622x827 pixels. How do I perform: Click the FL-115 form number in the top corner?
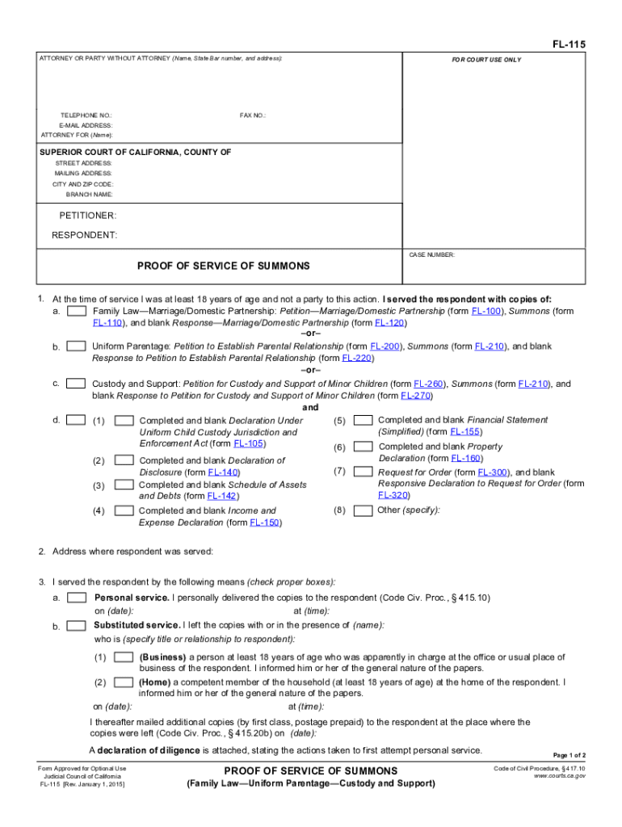[x=569, y=44]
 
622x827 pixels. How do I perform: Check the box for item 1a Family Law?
[x=77, y=311]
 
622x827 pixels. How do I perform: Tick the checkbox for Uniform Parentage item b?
[x=77, y=346]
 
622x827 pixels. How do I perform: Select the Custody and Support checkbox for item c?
[x=77, y=384]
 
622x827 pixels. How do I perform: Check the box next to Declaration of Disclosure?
[x=124, y=460]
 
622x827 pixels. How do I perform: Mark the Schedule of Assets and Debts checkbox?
[x=124, y=485]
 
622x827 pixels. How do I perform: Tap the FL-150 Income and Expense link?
[x=265, y=523]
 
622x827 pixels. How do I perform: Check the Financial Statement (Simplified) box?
[x=364, y=420]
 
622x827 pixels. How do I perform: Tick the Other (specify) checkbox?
[x=364, y=510]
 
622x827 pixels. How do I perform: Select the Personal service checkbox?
[x=77, y=598]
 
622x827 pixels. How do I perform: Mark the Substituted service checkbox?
[x=77, y=626]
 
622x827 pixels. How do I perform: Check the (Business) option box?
[x=124, y=657]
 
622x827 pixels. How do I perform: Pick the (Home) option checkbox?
[x=124, y=682]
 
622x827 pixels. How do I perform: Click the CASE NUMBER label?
[x=432, y=255]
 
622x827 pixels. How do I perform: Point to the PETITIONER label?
[x=87, y=216]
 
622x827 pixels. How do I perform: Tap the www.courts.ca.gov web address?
[x=560, y=776]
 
